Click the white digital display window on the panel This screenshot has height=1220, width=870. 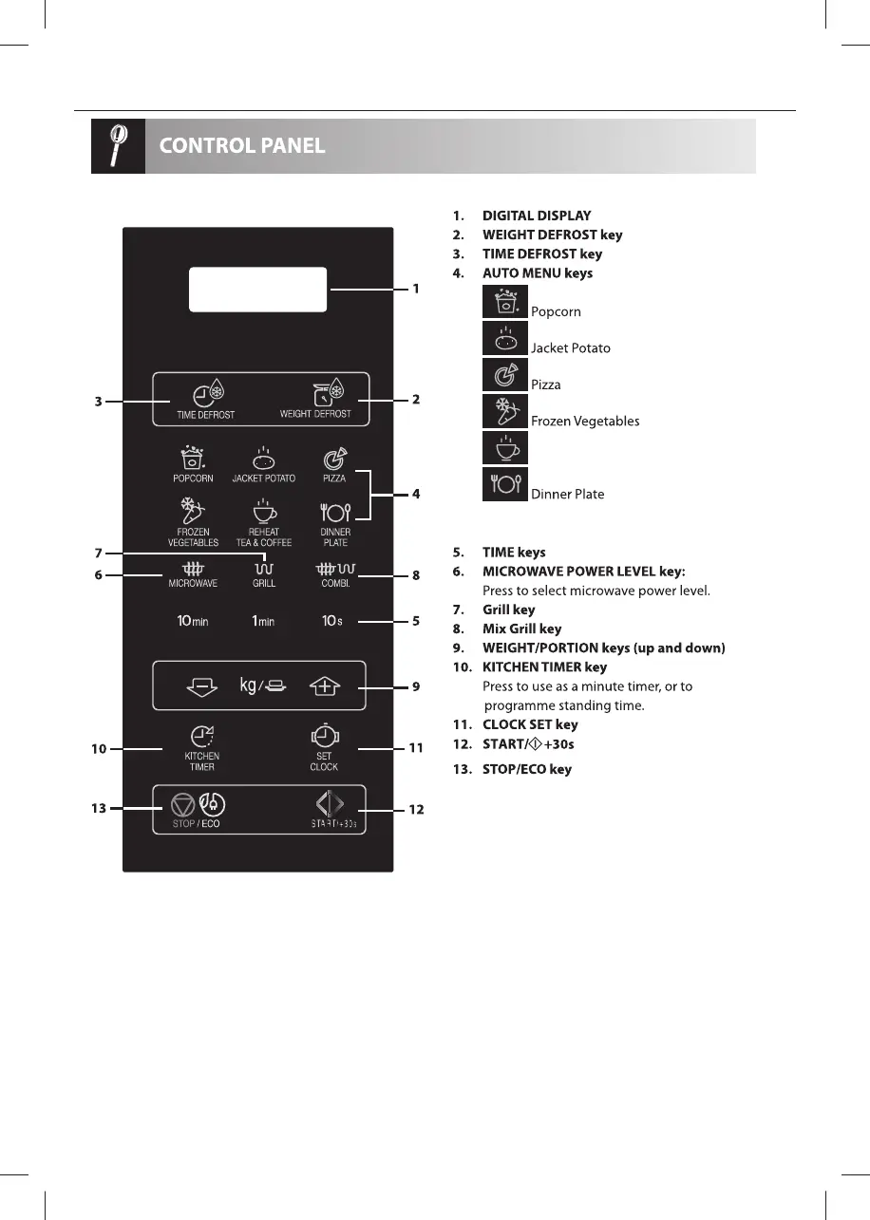258,289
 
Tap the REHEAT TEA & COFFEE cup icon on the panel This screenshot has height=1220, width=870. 263,513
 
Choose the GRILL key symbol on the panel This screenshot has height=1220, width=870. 263,569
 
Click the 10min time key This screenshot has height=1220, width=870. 193,621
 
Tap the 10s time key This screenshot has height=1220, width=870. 331,621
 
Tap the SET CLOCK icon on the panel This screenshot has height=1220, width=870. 324,737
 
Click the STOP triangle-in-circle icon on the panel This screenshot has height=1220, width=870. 183,806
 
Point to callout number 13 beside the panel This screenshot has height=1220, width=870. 98,809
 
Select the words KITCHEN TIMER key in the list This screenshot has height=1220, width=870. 544,667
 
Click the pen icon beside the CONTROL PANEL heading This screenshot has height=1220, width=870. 117,146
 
